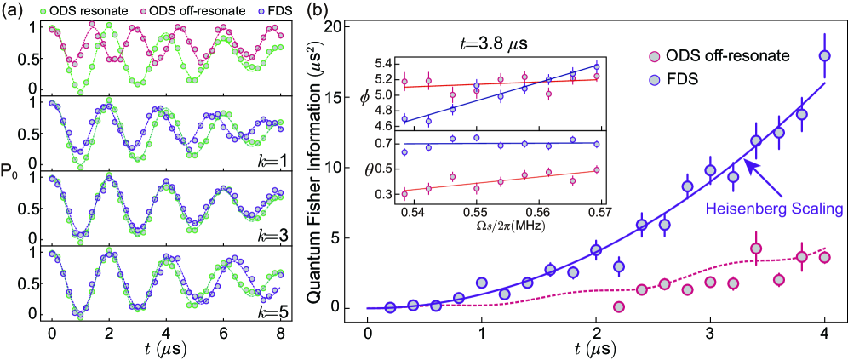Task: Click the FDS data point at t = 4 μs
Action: pyautogui.click(x=824, y=56)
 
